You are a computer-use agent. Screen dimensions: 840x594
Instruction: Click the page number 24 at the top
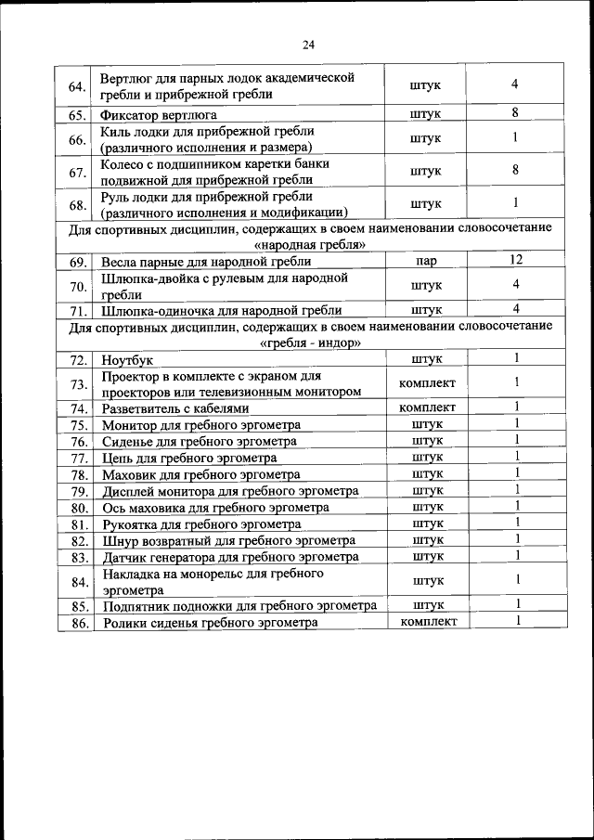(x=308, y=45)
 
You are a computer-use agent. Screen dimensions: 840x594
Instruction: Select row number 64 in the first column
(x=77, y=87)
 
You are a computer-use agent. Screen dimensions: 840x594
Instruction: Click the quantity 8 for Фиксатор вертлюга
(x=514, y=113)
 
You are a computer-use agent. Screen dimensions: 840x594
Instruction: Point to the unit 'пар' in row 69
(x=427, y=263)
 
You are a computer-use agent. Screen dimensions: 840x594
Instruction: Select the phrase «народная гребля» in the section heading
(x=309, y=245)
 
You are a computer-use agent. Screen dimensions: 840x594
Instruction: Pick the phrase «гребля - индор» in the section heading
(x=309, y=342)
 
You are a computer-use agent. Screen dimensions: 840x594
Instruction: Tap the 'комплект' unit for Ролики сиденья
(x=427, y=622)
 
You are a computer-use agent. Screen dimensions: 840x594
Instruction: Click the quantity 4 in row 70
(x=514, y=284)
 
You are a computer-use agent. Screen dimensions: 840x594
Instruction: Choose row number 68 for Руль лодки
(x=77, y=204)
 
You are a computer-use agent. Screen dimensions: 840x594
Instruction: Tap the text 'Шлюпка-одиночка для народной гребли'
(x=222, y=311)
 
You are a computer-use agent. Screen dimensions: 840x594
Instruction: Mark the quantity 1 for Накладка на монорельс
(x=515, y=580)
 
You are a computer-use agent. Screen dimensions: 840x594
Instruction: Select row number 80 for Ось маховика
(x=78, y=509)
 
